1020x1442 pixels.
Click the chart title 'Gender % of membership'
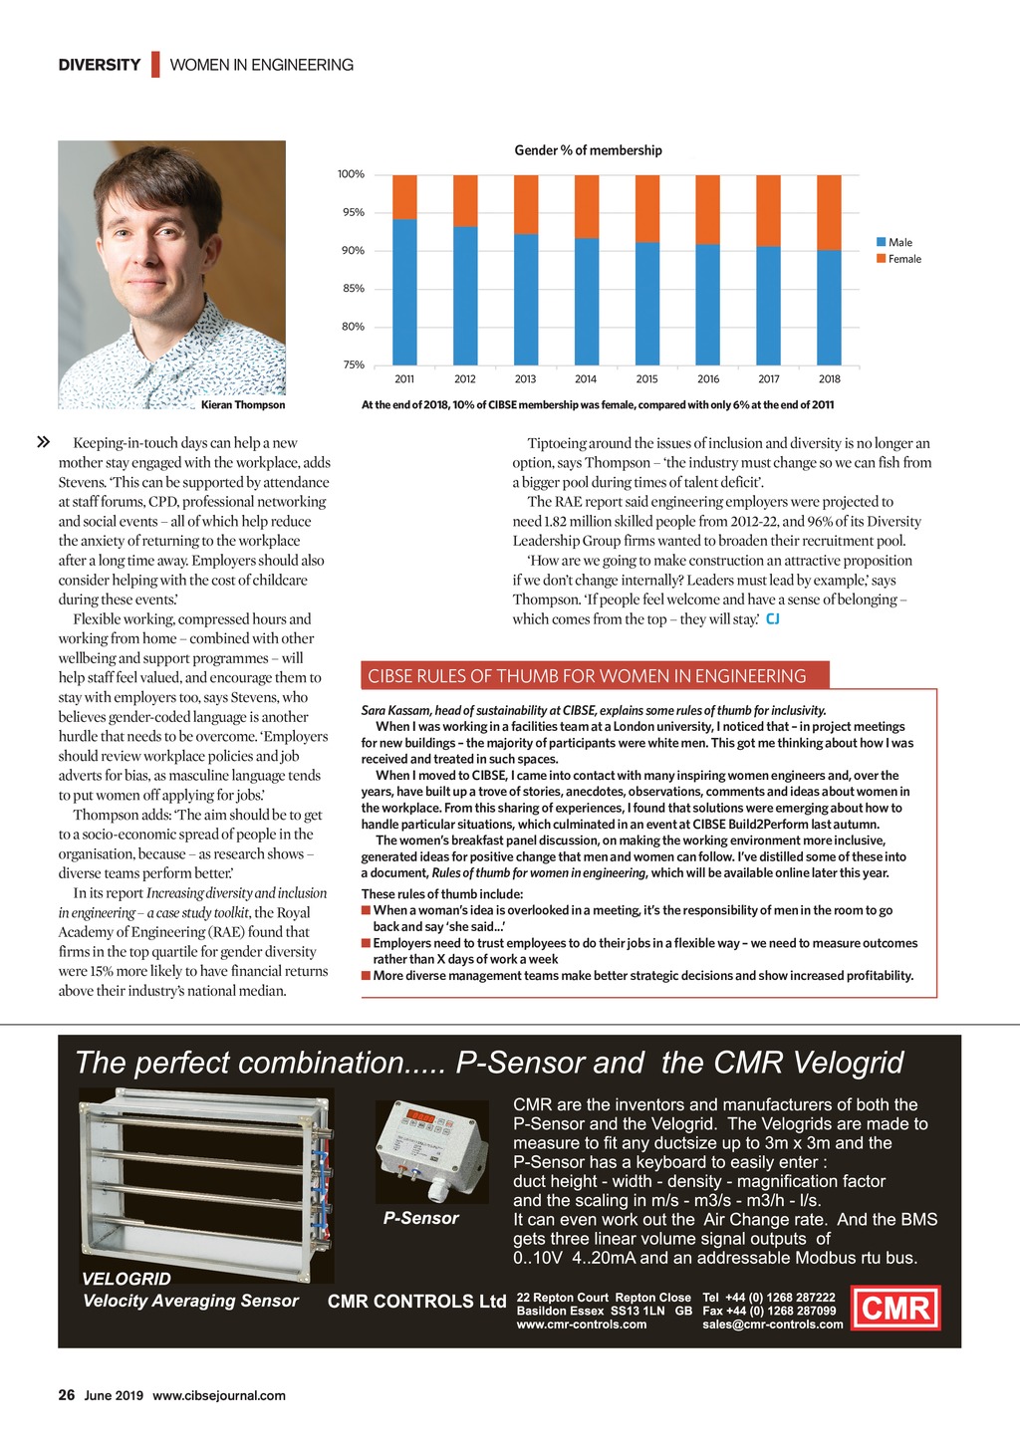[x=588, y=150]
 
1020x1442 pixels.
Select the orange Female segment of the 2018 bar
[x=829, y=212]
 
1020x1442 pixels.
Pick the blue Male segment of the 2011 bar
[x=404, y=292]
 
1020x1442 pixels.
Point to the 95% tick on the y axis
[x=353, y=212]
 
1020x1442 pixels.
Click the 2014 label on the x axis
[x=586, y=378]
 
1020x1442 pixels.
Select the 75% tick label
[x=353, y=364]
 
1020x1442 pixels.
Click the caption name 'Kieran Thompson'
[x=243, y=405]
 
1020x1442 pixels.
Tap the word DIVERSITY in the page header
[x=100, y=65]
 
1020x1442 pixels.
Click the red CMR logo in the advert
[x=896, y=1308]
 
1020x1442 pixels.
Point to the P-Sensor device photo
[x=431, y=1152]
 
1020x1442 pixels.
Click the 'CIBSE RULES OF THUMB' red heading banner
[x=588, y=676]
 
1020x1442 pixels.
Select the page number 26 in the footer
[x=67, y=1395]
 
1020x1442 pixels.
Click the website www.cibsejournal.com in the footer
[x=219, y=1396]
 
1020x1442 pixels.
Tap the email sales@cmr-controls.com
[x=772, y=1324]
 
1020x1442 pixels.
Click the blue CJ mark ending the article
[x=772, y=619]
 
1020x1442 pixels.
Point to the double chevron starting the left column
[x=43, y=442]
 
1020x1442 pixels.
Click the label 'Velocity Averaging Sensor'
[x=190, y=1301]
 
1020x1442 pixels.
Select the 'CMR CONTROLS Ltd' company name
[x=416, y=1302]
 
